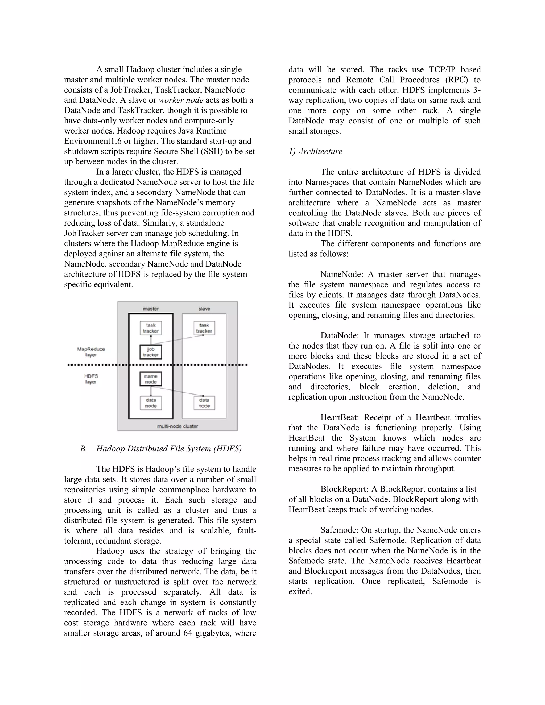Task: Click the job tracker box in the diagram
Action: (x=151, y=352)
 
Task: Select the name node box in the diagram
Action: (x=151, y=379)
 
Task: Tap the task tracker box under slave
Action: (x=204, y=328)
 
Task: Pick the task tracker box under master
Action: (x=151, y=328)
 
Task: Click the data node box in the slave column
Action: (x=204, y=403)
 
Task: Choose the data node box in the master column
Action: (x=151, y=403)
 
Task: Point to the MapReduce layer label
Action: (x=91, y=352)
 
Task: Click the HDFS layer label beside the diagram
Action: (x=91, y=379)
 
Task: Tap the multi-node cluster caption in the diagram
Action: (x=177, y=426)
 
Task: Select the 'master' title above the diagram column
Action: (x=151, y=309)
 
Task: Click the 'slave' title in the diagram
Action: (x=204, y=309)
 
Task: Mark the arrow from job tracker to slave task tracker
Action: (x=177, y=339)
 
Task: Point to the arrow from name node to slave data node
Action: (x=177, y=391)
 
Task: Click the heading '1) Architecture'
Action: (x=315, y=151)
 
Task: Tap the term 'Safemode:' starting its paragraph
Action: (x=339, y=530)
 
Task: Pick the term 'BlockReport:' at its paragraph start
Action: (x=344, y=489)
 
